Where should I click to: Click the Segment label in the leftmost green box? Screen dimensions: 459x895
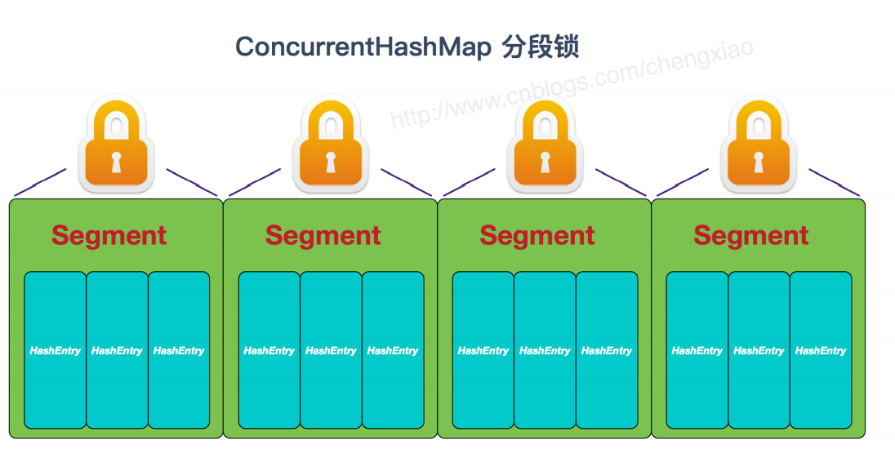[x=109, y=236]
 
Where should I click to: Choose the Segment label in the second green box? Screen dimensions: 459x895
[x=323, y=236]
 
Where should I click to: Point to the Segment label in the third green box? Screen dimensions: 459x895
[x=537, y=236]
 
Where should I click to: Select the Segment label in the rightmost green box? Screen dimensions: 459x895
[x=750, y=236]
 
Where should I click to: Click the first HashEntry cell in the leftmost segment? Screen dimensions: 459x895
[x=55, y=350]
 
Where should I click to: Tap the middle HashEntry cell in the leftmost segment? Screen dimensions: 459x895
[x=117, y=350]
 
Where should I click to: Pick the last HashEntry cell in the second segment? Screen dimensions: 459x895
[x=393, y=350]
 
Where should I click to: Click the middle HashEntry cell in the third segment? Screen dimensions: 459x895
[x=545, y=350]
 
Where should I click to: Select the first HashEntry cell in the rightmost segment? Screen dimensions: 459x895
[x=697, y=350]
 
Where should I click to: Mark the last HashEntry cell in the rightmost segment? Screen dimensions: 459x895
[x=821, y=350]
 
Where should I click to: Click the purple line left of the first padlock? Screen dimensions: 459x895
[x=41, y=181]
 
